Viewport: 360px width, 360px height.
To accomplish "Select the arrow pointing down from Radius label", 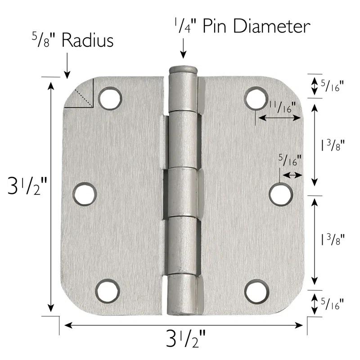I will click(67, 67).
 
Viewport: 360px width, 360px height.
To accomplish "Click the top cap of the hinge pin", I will click(183, 71).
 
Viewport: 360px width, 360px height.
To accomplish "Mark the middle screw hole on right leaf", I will click(281, 194).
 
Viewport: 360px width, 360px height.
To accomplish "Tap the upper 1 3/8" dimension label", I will click(333, 145).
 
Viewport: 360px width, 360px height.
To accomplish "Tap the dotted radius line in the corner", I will click(85, 98).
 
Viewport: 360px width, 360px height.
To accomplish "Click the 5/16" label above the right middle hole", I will click(290, 160).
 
